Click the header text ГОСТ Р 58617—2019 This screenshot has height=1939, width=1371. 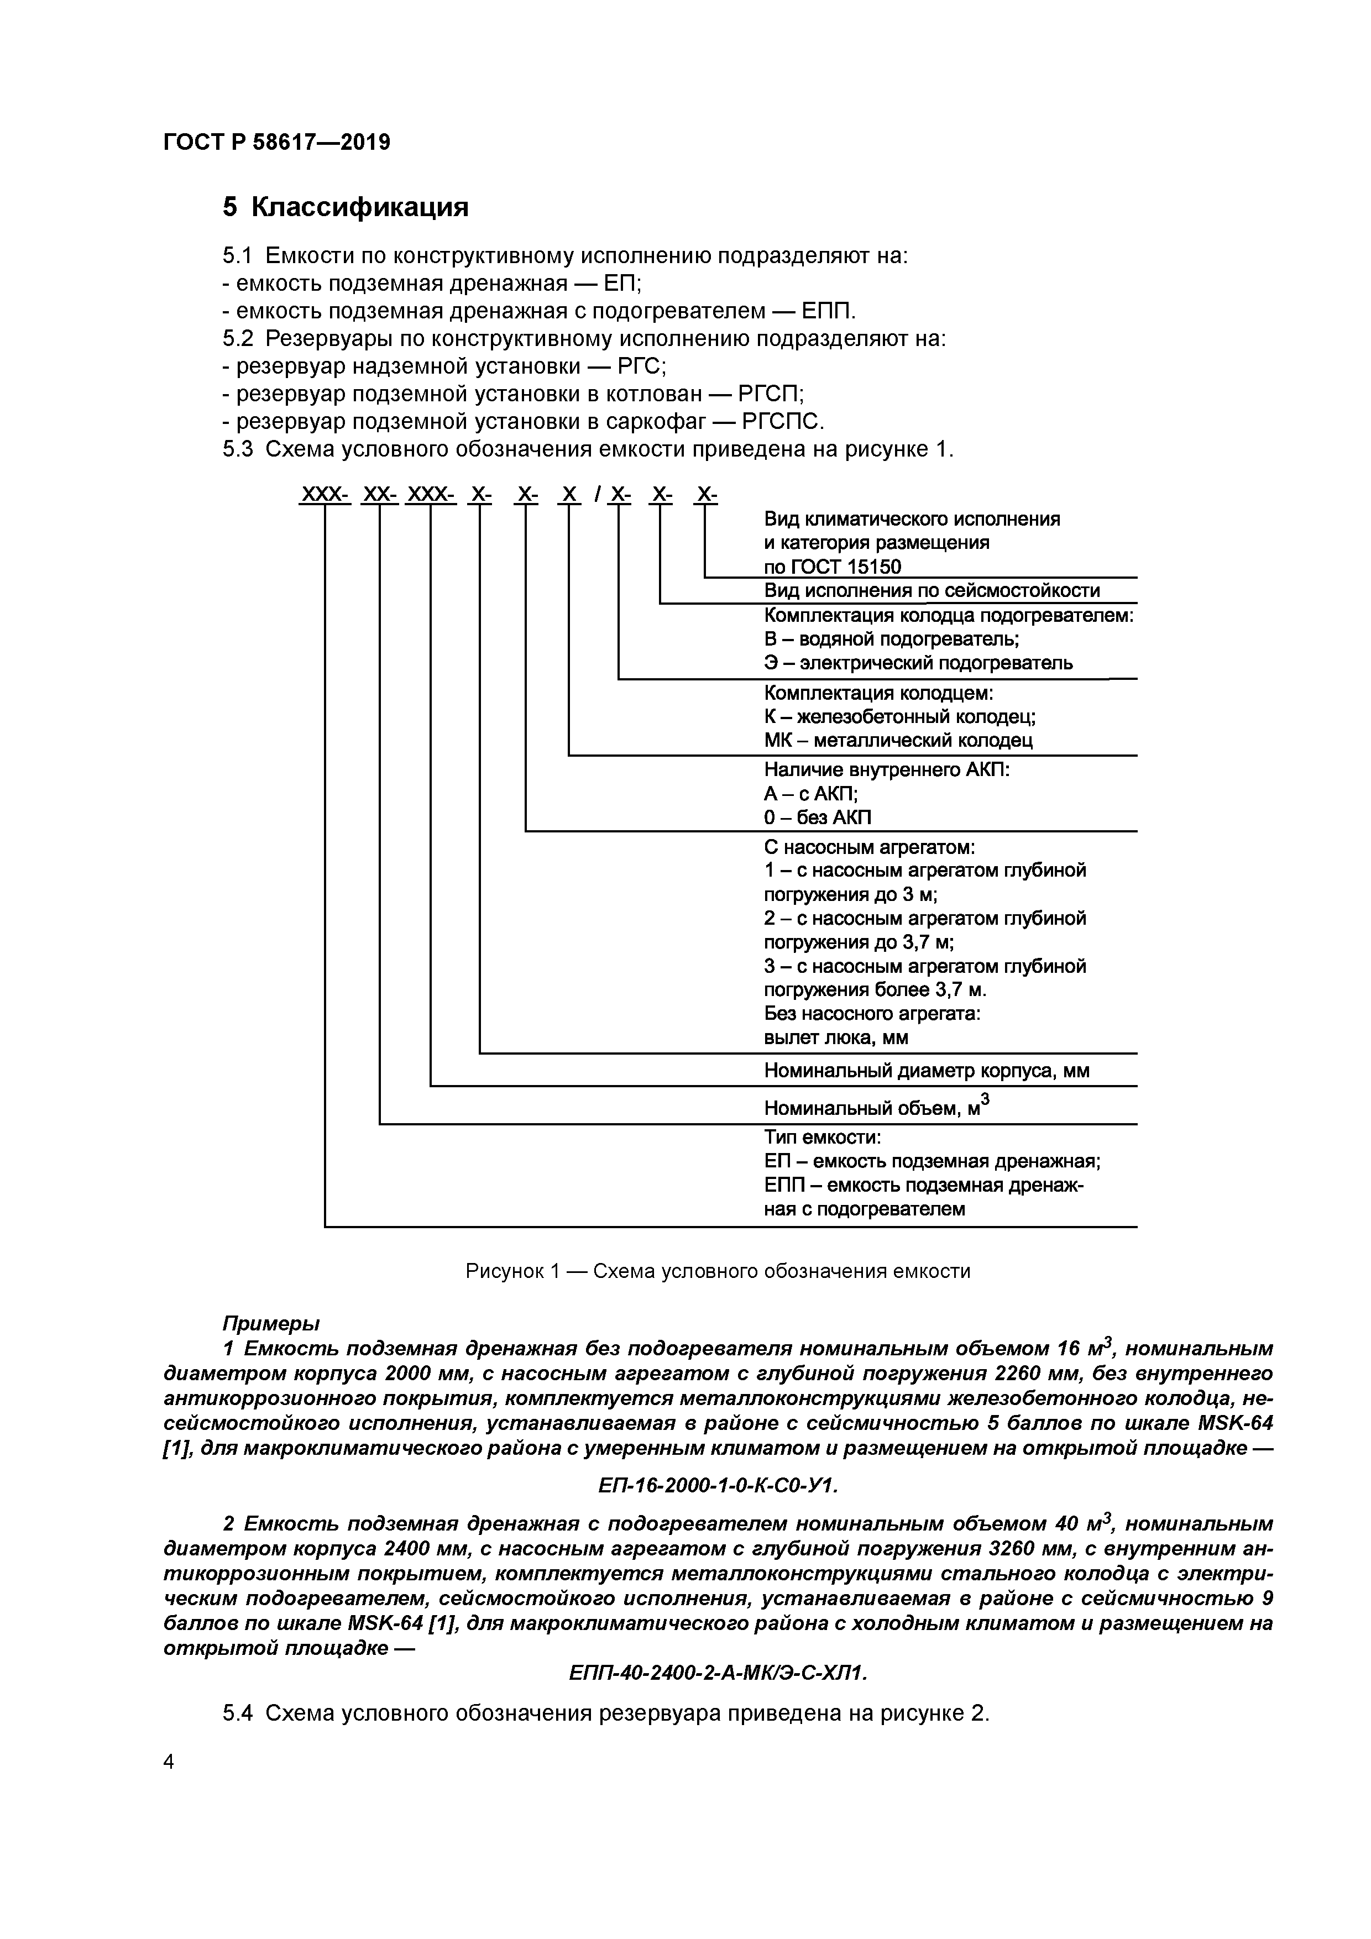click(276, 143)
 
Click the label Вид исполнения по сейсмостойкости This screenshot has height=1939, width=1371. click(932, 590)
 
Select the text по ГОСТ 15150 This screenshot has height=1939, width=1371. click(832, 567)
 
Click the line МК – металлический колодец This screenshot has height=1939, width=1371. click(898, 741)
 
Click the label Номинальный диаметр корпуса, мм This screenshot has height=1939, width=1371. click(926, 1071)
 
